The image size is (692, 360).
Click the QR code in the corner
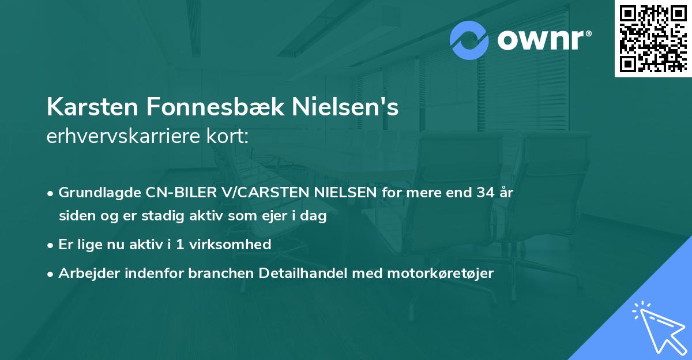(653, 39)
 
